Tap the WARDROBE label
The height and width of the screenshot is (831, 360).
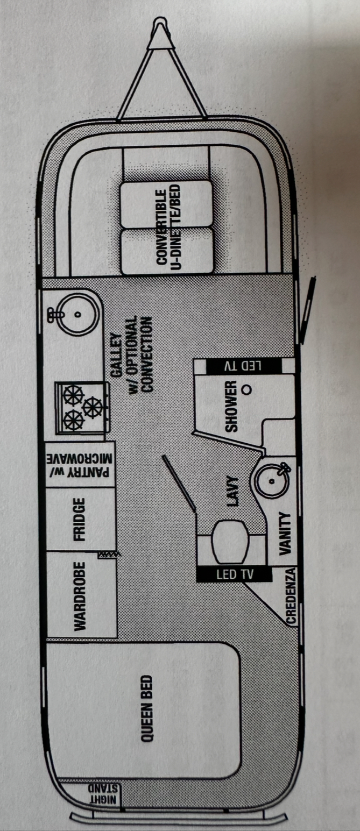[80, 596]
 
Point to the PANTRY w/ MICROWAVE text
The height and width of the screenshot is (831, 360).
[79, 465]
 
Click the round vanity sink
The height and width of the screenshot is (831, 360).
[272, 481]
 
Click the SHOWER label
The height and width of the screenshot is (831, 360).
[231, 406]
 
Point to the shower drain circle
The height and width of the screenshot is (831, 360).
[246, 389]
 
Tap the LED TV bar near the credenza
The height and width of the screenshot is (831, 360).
[235, 574]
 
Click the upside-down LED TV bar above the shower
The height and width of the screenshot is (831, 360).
[243, 366]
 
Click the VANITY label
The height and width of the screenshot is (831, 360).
[285, 534]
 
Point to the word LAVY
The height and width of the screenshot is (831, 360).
[232, 491]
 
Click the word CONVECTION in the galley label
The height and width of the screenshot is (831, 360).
[146, 354]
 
